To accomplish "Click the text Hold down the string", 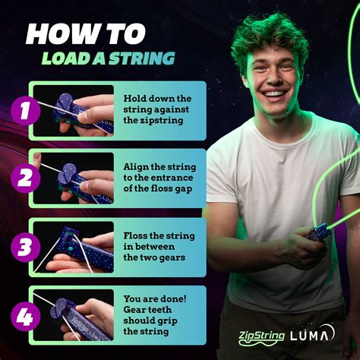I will (157, 104).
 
